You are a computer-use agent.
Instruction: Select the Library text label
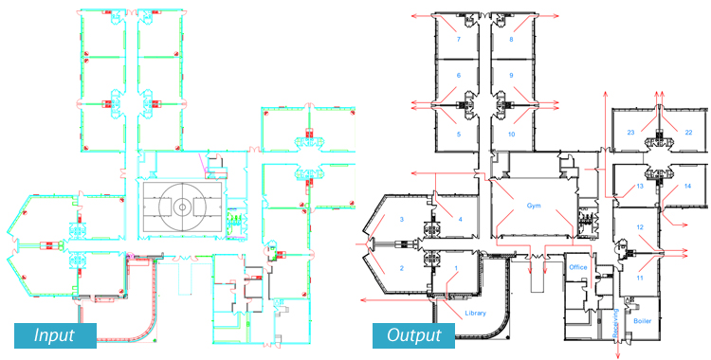(476, 313)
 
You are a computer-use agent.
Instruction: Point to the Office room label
(578, 267)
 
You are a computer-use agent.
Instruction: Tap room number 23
(630, 133)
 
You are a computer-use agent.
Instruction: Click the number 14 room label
(688, 187)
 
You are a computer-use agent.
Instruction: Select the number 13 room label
(640, 187)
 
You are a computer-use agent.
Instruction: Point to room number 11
(640, 277)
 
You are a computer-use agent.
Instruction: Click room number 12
(640, 227)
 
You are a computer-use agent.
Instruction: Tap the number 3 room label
(402, 219)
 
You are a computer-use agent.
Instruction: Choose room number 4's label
(460, 219)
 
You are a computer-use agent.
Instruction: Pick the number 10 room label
(511, 135)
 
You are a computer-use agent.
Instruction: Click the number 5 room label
(459, 135)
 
